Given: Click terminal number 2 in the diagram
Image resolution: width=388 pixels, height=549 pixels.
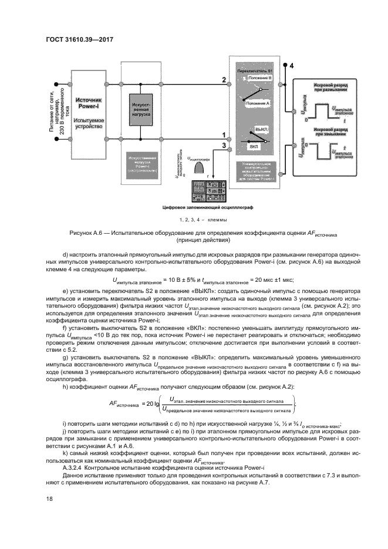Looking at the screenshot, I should coord(222,79).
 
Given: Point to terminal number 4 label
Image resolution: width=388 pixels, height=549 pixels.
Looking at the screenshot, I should coord(290,68).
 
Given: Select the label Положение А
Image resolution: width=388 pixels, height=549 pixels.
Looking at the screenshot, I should coord(258,103).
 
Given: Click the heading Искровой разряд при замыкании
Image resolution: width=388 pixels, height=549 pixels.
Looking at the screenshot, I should coord(330,130).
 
